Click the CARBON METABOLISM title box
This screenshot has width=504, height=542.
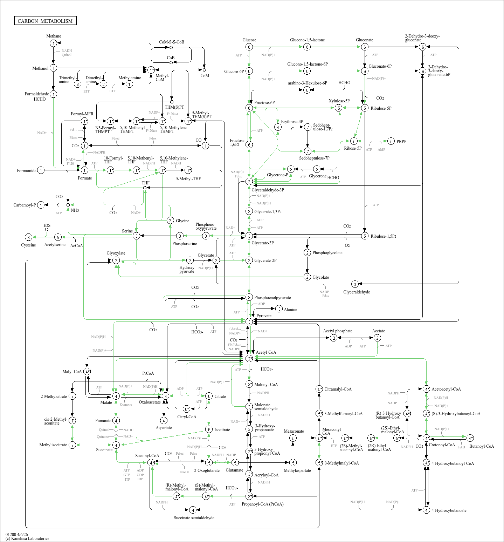click(x=45, y=21)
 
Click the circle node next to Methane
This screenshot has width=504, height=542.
click(x=53, y=43)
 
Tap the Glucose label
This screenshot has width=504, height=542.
click(x=249, y=40)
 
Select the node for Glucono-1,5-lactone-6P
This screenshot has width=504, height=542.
click(x=307, y=71)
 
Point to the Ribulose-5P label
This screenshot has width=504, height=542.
click(x=381, y=108)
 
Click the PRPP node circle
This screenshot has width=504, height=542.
click(x=391, y=141)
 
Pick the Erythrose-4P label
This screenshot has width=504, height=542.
click(x=292, y=122)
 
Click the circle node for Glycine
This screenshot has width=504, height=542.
click(x=170, y=221)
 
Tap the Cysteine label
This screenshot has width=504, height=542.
click(x=28, y=245)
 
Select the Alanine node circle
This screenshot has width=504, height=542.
click(x=279, y=309)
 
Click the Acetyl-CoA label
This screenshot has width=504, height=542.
click(x=266, y=352)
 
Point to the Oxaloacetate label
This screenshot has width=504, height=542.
click(x=150, y=402)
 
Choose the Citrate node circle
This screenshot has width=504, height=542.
click(x=209, y=396)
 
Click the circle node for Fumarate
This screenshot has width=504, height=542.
click(x=116, y=421)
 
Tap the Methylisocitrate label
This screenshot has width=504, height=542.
click(x=53, y=445)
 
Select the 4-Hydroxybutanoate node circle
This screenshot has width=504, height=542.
click(x=426, y=510)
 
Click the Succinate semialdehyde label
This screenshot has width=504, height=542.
click(x=194, y=518)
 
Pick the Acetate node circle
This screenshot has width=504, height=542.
click(x=377, y=338)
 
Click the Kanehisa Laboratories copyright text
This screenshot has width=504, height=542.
click(x=27, y=538)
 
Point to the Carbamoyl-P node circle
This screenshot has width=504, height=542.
click(x=41, y=205)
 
